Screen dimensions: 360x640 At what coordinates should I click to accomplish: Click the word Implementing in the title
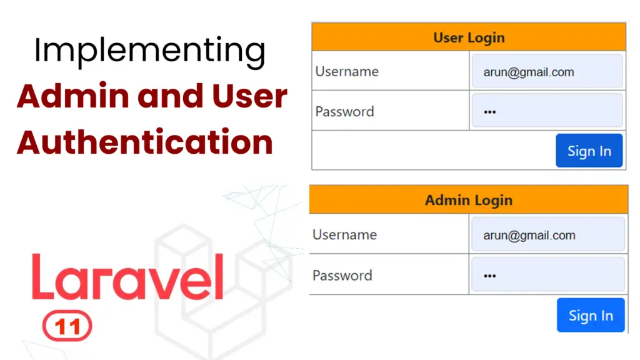coord(149,52)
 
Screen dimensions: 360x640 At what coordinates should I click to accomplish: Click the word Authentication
coord(144,142)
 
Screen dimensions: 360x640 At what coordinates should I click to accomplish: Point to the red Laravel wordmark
coord(127,277)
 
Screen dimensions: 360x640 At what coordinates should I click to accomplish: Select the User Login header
coord(469,37)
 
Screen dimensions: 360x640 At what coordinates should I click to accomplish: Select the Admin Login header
coord(469,201)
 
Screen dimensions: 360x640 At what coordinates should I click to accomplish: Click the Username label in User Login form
coord(347,71)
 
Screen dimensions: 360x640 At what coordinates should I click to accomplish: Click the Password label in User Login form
coord(344,112)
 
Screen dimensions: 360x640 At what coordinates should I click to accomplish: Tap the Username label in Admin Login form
coord(344,235)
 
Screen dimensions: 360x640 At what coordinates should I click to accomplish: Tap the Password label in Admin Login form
coord(342,276)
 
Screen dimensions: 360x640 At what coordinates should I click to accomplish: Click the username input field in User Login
coord(547,71)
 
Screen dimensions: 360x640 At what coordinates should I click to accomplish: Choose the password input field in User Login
coord(547,111)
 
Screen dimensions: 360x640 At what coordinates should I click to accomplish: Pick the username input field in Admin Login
coord(547,235)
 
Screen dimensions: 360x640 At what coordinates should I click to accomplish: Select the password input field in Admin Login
coord(547,275)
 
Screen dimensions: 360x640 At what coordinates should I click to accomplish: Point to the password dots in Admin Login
coord(490,276)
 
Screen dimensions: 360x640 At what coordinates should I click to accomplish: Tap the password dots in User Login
coord(490,112)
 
